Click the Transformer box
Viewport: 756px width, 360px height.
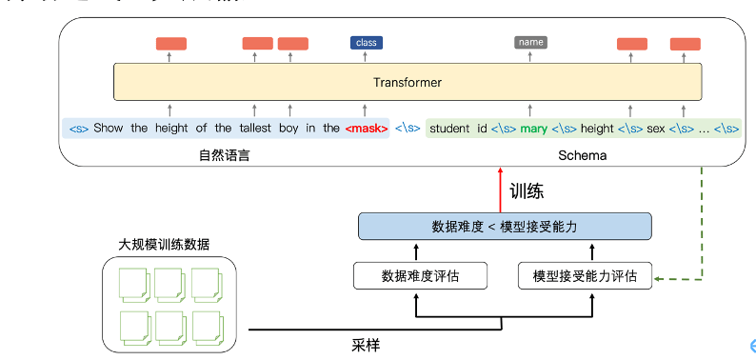click(x=408, y=82)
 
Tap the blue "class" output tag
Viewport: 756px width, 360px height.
click(x=366, y=42)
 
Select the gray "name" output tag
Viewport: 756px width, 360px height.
click(x=530, y=42)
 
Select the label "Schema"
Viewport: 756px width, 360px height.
click(x=583, y=154)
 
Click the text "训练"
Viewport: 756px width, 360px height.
click(x=527, y=190)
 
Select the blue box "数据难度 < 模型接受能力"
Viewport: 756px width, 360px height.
click(x=505, y=227)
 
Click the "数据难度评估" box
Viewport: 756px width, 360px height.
click(x=420, y=276)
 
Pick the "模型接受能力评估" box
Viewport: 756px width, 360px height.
click(x=585, y=276)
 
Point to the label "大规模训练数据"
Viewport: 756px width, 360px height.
click(x=165, y=245)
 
